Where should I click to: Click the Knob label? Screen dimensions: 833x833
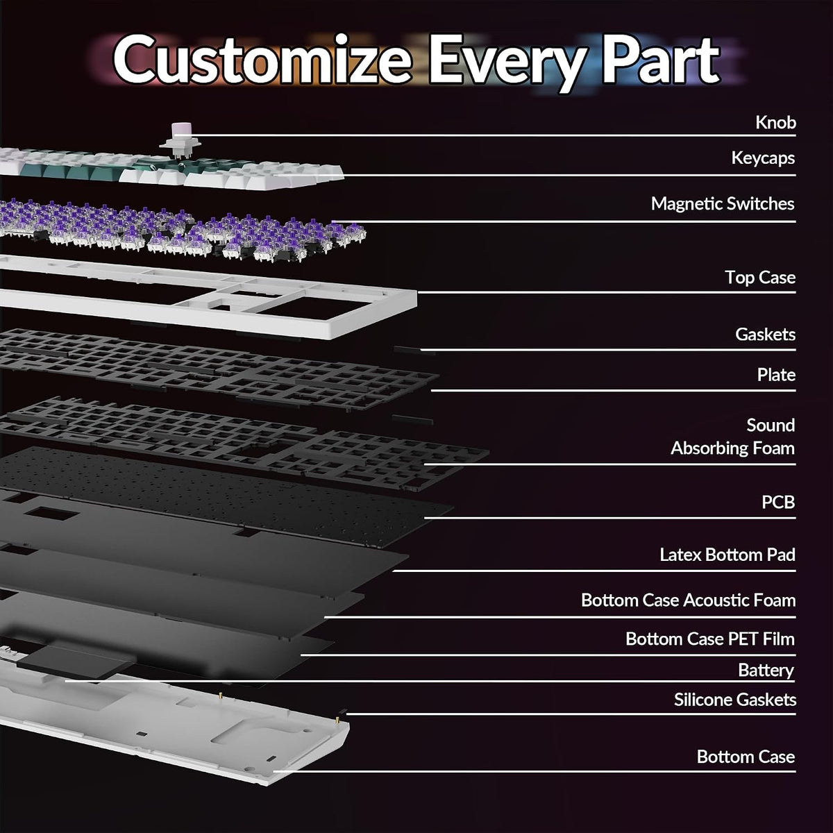coord(775,122)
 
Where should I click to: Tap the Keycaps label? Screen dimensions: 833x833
coord(763,158)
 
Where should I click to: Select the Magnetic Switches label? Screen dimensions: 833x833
coord(723,203)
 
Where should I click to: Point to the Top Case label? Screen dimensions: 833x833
coord(760,278)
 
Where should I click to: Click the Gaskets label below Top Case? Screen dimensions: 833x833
coord(765,334)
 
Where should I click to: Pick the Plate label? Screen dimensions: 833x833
coord(776,375)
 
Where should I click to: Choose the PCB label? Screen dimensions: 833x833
coord(778,502)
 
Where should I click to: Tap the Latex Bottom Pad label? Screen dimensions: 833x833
coord(727,555)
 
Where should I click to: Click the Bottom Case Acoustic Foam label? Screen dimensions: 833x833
coord(688,600)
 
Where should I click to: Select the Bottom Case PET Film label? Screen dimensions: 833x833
coord(710,639)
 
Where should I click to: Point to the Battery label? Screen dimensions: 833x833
coord(766,671)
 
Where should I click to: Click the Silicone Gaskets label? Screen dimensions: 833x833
coord(735,700)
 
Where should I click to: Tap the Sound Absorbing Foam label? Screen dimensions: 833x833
coord(733,437)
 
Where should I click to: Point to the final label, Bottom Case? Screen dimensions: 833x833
coord(746,757)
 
